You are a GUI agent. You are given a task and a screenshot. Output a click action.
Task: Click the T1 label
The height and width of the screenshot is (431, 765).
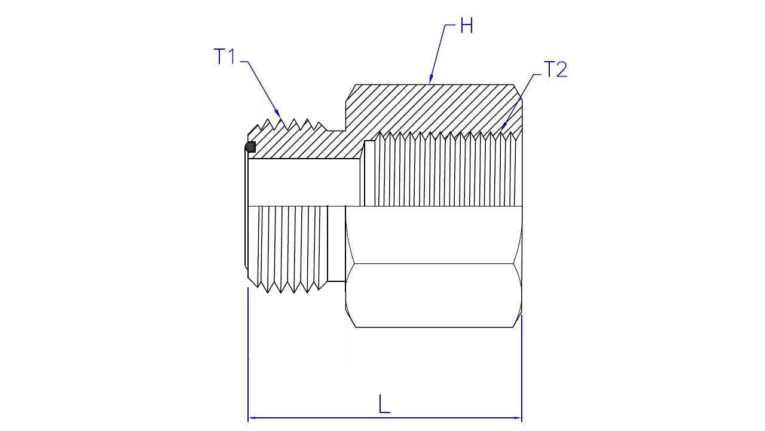[x=224, y=56]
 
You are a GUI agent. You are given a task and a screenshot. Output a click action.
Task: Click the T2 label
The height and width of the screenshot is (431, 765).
[x=555, y=69]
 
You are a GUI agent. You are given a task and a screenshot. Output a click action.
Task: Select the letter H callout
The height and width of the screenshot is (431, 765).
[x=467, y=25]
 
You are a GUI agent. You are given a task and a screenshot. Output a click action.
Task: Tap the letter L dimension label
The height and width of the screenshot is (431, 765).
[x=384, y=404]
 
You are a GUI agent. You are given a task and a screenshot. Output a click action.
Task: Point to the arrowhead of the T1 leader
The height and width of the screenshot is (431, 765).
[x=278, y=114]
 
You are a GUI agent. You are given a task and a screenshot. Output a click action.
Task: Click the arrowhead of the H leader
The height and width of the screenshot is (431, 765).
[x=431, y=80]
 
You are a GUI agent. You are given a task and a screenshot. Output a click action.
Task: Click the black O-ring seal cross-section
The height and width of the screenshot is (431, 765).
[x=250, y=147]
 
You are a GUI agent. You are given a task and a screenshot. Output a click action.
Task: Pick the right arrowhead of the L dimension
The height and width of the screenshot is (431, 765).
[x=517, y=418]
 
